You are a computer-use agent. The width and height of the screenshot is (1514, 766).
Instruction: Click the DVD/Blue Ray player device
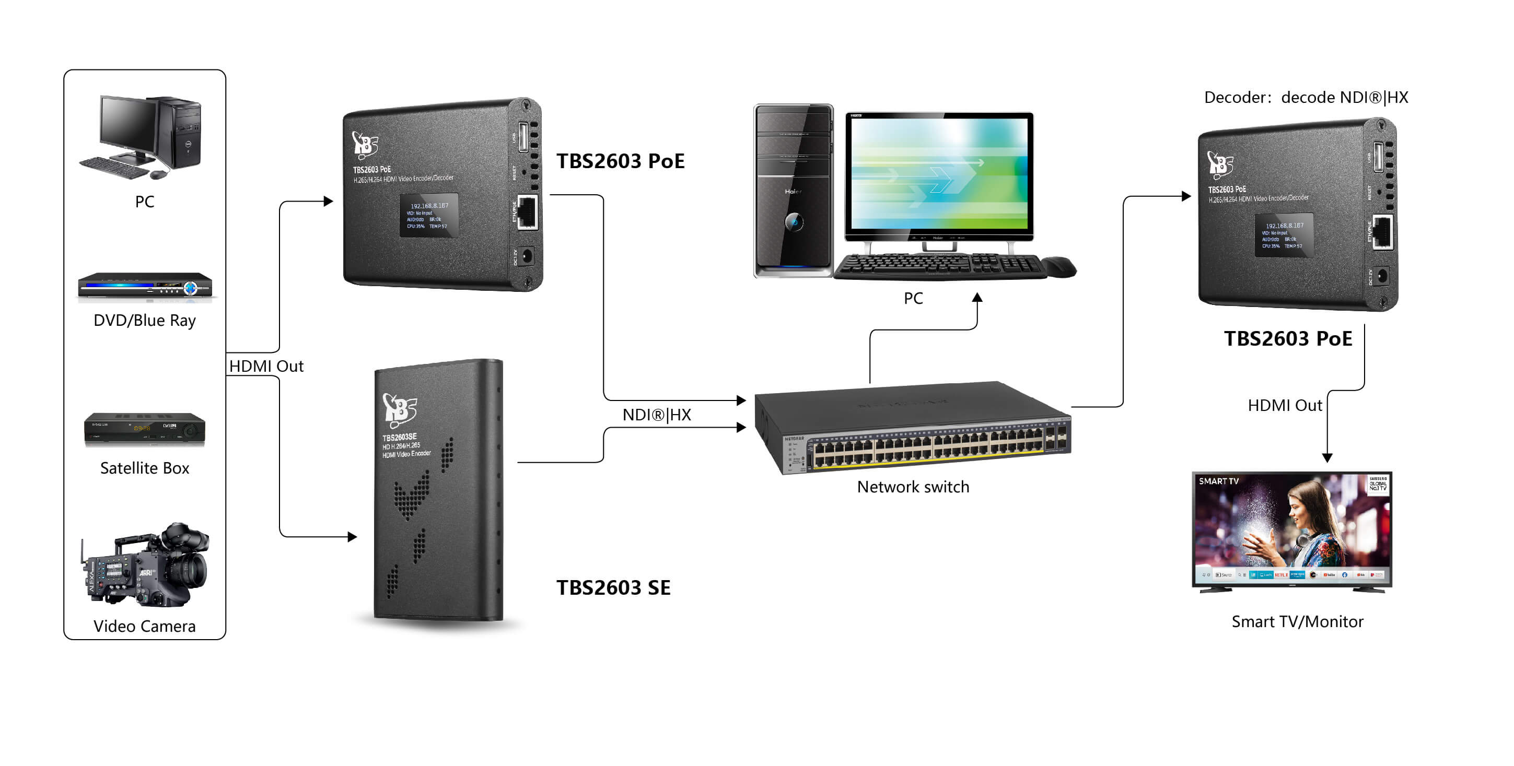(x=145, y=287)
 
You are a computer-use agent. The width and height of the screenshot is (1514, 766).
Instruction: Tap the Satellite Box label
(x=145, y=468)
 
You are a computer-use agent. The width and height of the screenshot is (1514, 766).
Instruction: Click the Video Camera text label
(x=145, y=626)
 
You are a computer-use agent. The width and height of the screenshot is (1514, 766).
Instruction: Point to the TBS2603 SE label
(x=613, y=587)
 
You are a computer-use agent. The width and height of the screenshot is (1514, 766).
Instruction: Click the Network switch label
(x=913, y=487)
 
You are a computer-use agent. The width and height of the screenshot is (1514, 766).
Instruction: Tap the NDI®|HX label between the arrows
(x=657, y=415)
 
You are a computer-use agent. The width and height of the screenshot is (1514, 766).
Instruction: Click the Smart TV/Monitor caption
(x=1297, y=621)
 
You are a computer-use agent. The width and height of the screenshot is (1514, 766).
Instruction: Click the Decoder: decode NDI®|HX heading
(x=1306, y=98)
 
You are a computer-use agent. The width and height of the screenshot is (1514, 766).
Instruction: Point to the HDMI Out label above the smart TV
(x=1284, y=405)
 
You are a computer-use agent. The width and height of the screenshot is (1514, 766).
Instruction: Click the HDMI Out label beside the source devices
(x=266, y=366)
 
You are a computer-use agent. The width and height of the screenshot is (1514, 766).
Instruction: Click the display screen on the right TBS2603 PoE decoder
(x=1284, y=235)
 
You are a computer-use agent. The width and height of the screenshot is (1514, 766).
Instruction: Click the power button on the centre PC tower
(x=794, y=222)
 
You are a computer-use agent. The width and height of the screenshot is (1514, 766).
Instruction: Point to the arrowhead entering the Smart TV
(x=1327, y=457)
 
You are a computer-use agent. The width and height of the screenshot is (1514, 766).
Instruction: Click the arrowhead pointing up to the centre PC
(x=977, y=298)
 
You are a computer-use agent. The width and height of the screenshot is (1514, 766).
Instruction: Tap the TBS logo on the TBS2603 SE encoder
(x=400, y=409)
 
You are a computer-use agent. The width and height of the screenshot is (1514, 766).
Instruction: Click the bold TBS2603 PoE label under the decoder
(x=1288, y=338)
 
